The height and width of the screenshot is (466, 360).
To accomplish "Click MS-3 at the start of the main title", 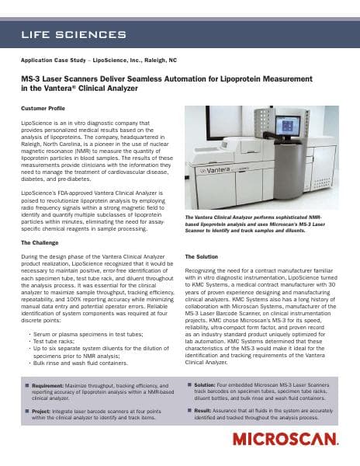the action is [x=32, y=78].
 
